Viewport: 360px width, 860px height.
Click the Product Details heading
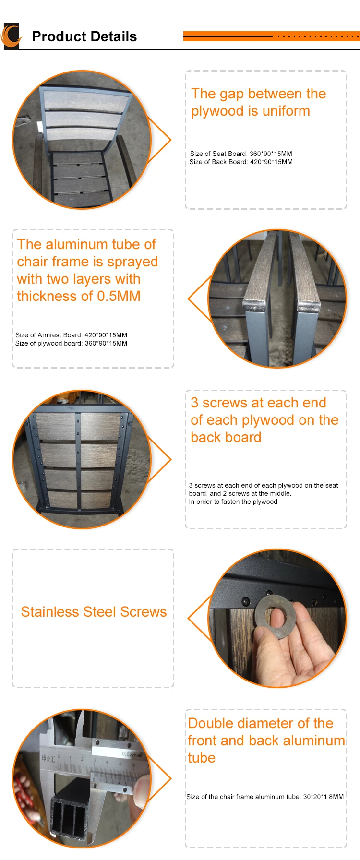(84, 36)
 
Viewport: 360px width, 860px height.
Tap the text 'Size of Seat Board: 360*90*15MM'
(241, 154)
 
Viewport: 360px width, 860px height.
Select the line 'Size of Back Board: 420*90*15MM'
(241, 162)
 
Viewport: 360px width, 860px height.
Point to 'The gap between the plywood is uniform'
(258, 102)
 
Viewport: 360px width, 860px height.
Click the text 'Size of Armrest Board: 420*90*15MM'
(71, 335)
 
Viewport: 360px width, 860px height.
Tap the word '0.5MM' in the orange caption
(119, 296)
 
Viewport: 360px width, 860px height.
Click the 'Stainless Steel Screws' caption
(94, 612)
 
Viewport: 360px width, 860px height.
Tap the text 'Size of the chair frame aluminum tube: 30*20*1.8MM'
(265, 797)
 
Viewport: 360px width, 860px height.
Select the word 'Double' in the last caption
(210, 723)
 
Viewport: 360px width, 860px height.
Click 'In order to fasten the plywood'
(233, 502)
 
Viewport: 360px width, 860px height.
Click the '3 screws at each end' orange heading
(258, 403)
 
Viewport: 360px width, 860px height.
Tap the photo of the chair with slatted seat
(82, 140)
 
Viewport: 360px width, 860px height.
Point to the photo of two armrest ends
(277, 299)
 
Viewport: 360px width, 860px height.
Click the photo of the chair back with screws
(82, 459)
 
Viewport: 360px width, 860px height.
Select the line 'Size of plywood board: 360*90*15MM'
(71, 343)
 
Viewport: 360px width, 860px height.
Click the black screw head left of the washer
(246, 601)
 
